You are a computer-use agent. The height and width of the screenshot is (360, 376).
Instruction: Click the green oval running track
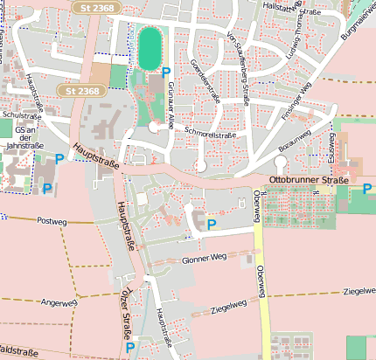click(150, 46)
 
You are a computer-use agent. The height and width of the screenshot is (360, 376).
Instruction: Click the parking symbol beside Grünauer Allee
click(166, 73)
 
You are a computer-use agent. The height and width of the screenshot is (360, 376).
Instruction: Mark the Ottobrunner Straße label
click(309, 179)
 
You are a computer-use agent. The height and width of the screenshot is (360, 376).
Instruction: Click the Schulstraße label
click(23, 114)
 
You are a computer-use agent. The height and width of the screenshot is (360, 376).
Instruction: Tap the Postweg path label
click(52, 222)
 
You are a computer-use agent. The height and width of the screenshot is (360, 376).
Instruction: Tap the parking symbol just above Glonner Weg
click(211, 225)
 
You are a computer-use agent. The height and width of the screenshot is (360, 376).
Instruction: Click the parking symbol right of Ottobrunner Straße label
click(367, 187)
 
